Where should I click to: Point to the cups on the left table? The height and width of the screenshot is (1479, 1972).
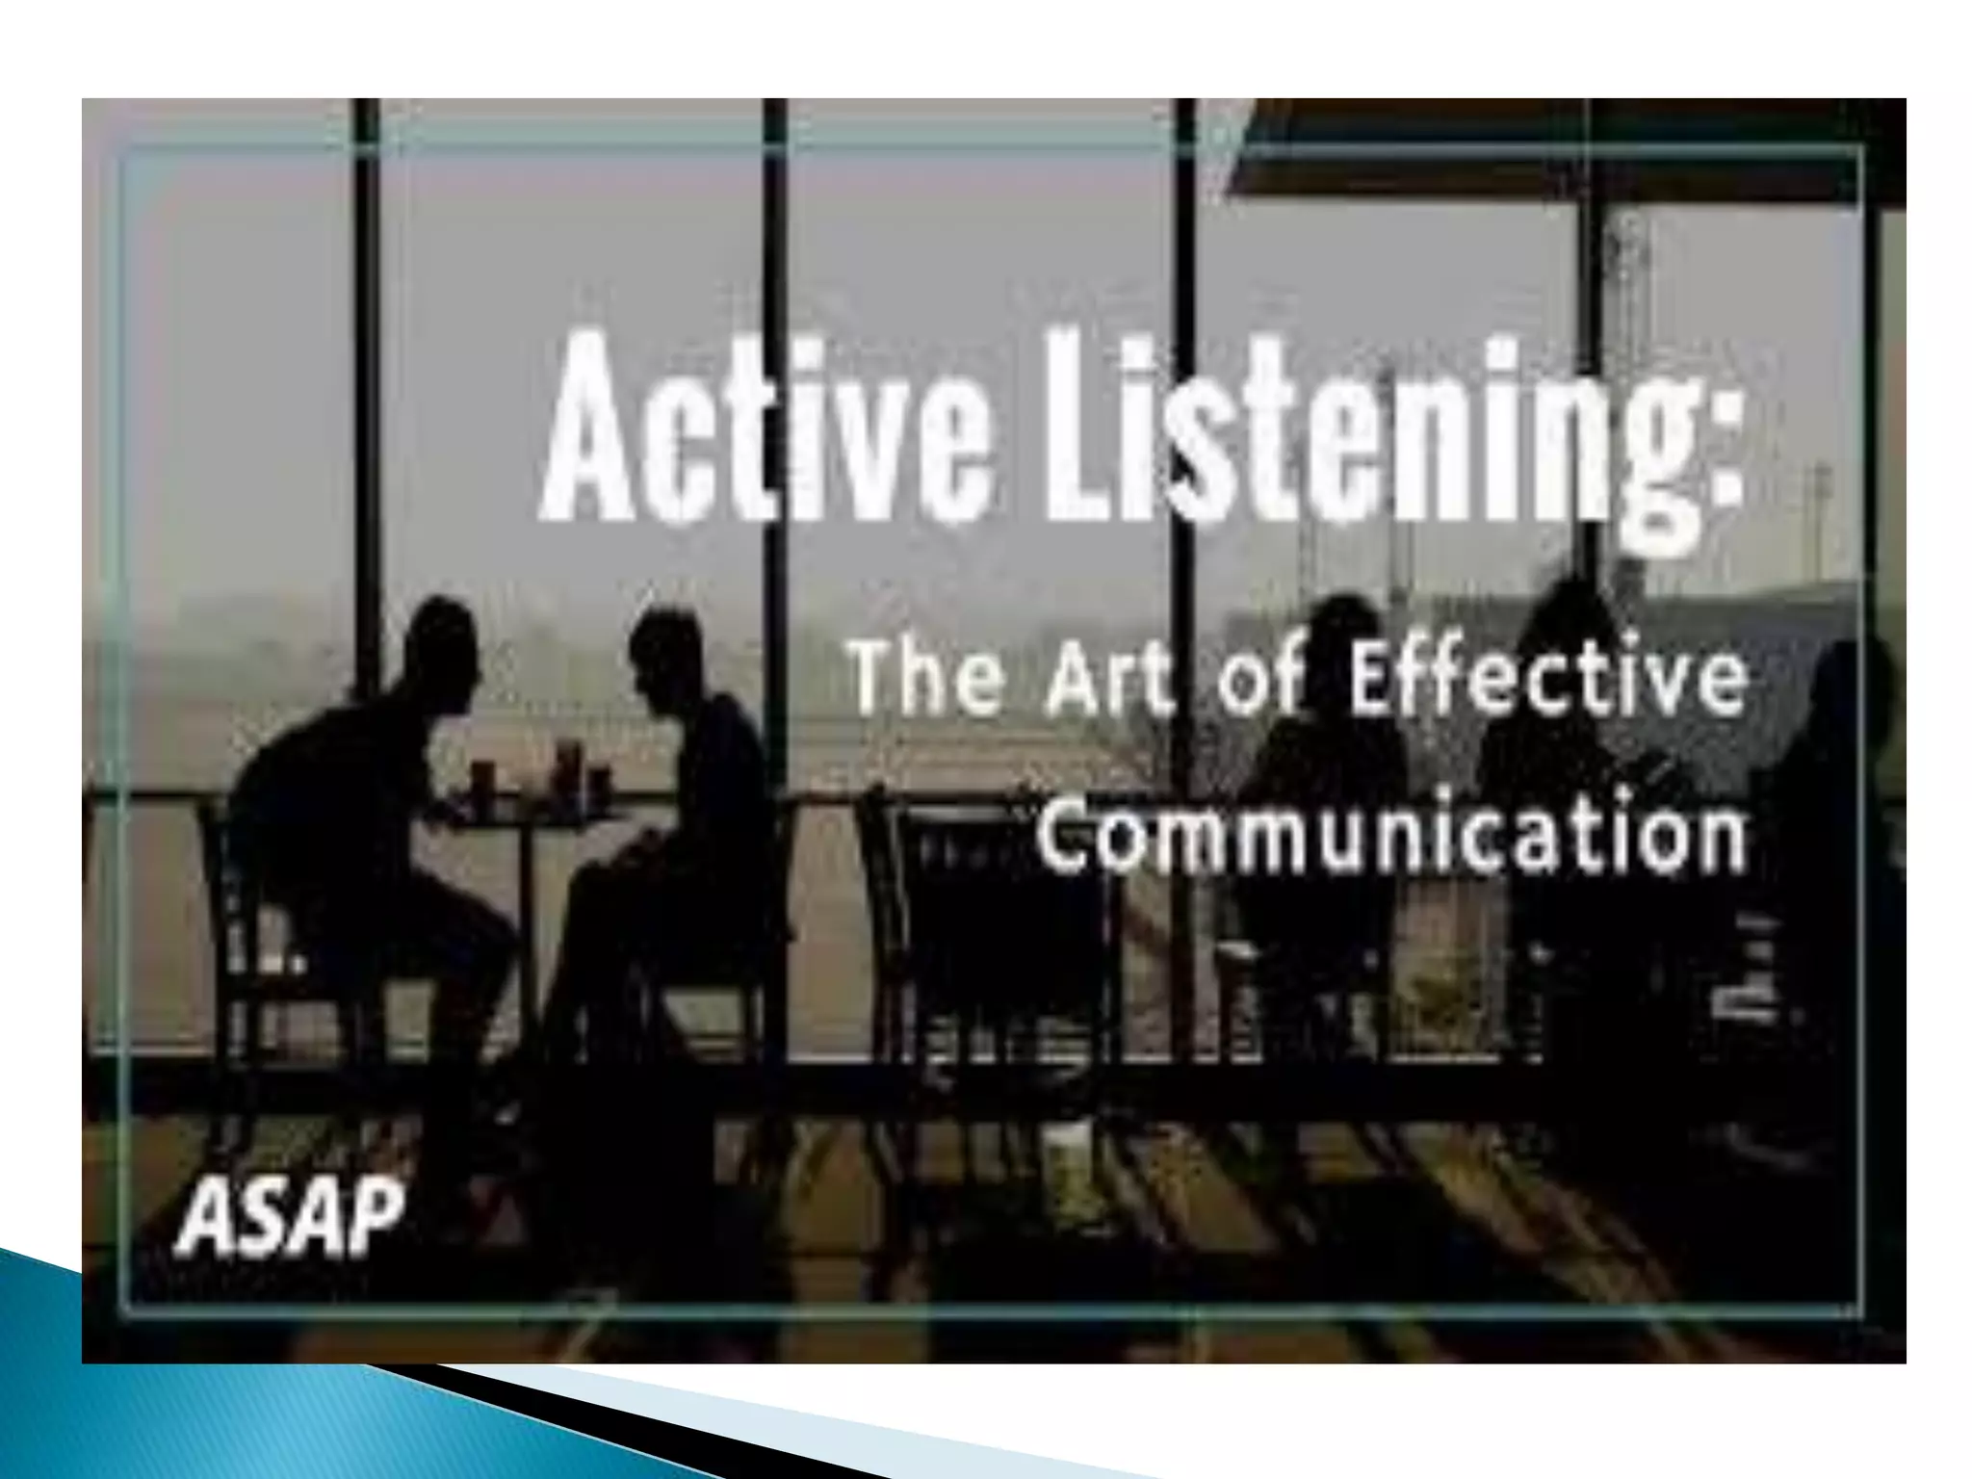click(539, 770)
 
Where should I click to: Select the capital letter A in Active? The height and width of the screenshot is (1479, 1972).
click(593, 438)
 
